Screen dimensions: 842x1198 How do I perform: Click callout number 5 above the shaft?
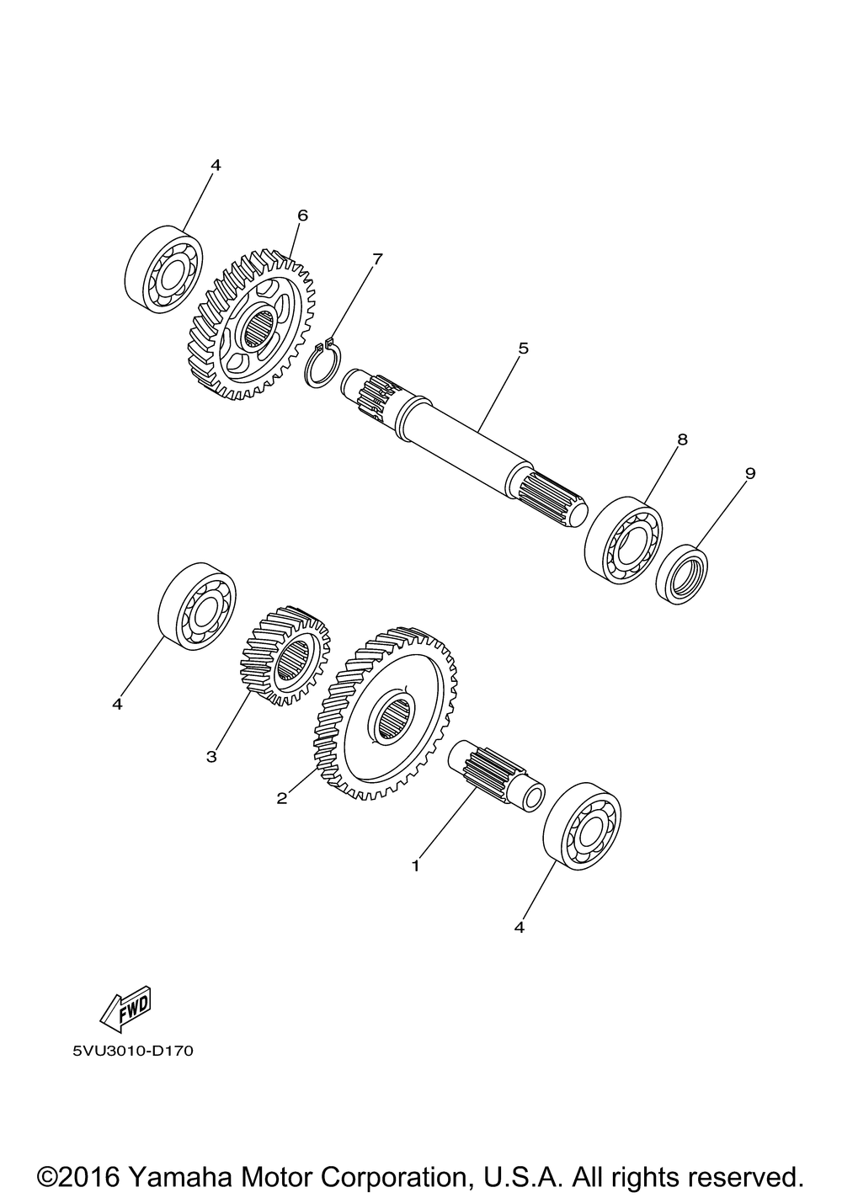[523, 349]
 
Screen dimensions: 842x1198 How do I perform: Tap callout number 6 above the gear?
[302, 216]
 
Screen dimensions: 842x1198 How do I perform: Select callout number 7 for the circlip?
[377, 259]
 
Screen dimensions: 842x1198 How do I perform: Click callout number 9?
[749, 473]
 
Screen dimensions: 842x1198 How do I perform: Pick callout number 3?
[211, 757]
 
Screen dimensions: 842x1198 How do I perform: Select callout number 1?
[416, 865]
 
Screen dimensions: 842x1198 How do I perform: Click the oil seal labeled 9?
[682, 574]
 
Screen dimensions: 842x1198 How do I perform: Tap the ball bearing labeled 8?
[623, 539]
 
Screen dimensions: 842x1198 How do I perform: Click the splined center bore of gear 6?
[258, 329]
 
